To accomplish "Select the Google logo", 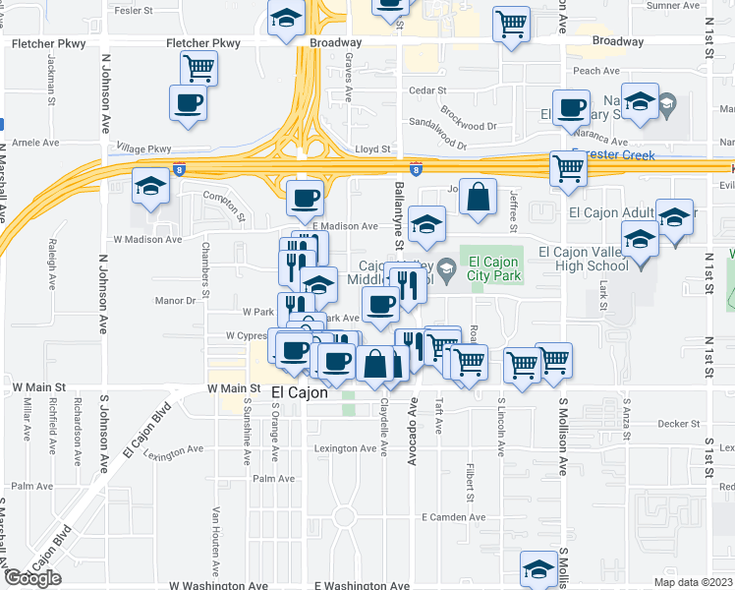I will click(x=32, y=578).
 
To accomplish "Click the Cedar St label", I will click(x=427, y=90).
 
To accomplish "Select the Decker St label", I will click(x=677, y=424).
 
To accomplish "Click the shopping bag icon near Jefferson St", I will click(x=477, y=196).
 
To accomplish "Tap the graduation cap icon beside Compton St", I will click(x=150, y=186).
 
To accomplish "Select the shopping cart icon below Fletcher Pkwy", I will click(x=198, y=68).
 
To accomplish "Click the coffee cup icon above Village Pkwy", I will click(x=189, y=102).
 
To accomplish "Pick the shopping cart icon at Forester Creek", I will click(x=568, y=168).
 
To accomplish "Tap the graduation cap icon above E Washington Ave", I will click(x=539, y=567).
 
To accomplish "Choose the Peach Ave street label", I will click(x=595, y=71).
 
